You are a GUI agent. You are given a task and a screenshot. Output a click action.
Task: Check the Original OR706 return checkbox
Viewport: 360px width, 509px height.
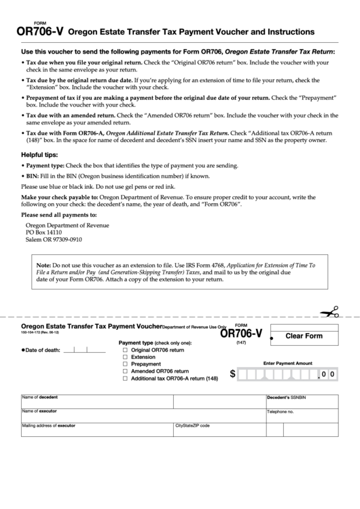[124, 350]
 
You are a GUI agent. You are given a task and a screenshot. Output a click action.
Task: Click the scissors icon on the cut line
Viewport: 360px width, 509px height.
[330, 312]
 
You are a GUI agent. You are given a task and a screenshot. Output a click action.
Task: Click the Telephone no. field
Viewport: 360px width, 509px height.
[302, 417]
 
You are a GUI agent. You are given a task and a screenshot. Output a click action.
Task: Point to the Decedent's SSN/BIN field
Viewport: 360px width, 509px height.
[302, 402]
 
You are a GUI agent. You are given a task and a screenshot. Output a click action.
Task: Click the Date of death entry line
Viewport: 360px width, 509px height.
[84, 351]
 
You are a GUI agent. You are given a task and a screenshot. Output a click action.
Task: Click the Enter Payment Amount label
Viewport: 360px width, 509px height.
[287, 364]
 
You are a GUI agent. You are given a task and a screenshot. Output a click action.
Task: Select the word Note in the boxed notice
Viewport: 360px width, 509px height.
[43, 264]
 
